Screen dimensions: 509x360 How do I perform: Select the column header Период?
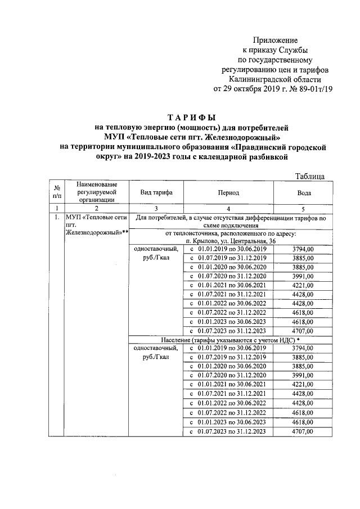(x=229, y=192)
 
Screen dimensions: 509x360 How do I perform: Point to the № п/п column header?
(x=56, y=192)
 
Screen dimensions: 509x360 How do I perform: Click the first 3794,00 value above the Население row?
(x=303, y=249)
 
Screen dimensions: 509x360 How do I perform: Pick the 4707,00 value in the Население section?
(x=303, y=431)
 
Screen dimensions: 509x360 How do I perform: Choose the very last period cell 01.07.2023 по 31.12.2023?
(x=229, y=431)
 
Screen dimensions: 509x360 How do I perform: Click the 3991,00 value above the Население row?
(x=303, y=276)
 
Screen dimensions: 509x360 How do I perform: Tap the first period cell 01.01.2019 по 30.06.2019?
(x=229, y=249)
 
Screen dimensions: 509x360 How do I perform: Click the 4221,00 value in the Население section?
(x=303, y=385)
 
